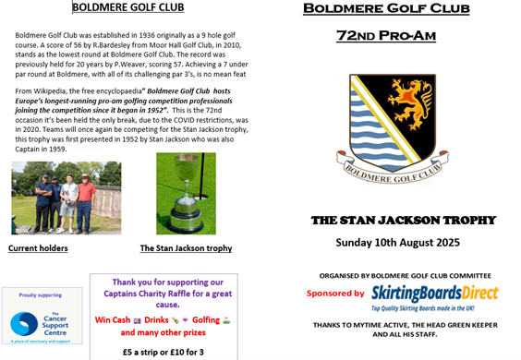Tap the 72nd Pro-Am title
click(386, 36)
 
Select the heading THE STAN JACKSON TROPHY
click(404, 221)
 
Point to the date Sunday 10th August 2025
click(397, 243)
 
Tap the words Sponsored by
click(335, 294)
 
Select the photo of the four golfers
click(66, 198)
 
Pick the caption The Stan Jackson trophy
click(186, 248)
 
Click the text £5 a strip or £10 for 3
click(163, 352)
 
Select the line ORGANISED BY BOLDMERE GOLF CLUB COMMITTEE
click(405, 275)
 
